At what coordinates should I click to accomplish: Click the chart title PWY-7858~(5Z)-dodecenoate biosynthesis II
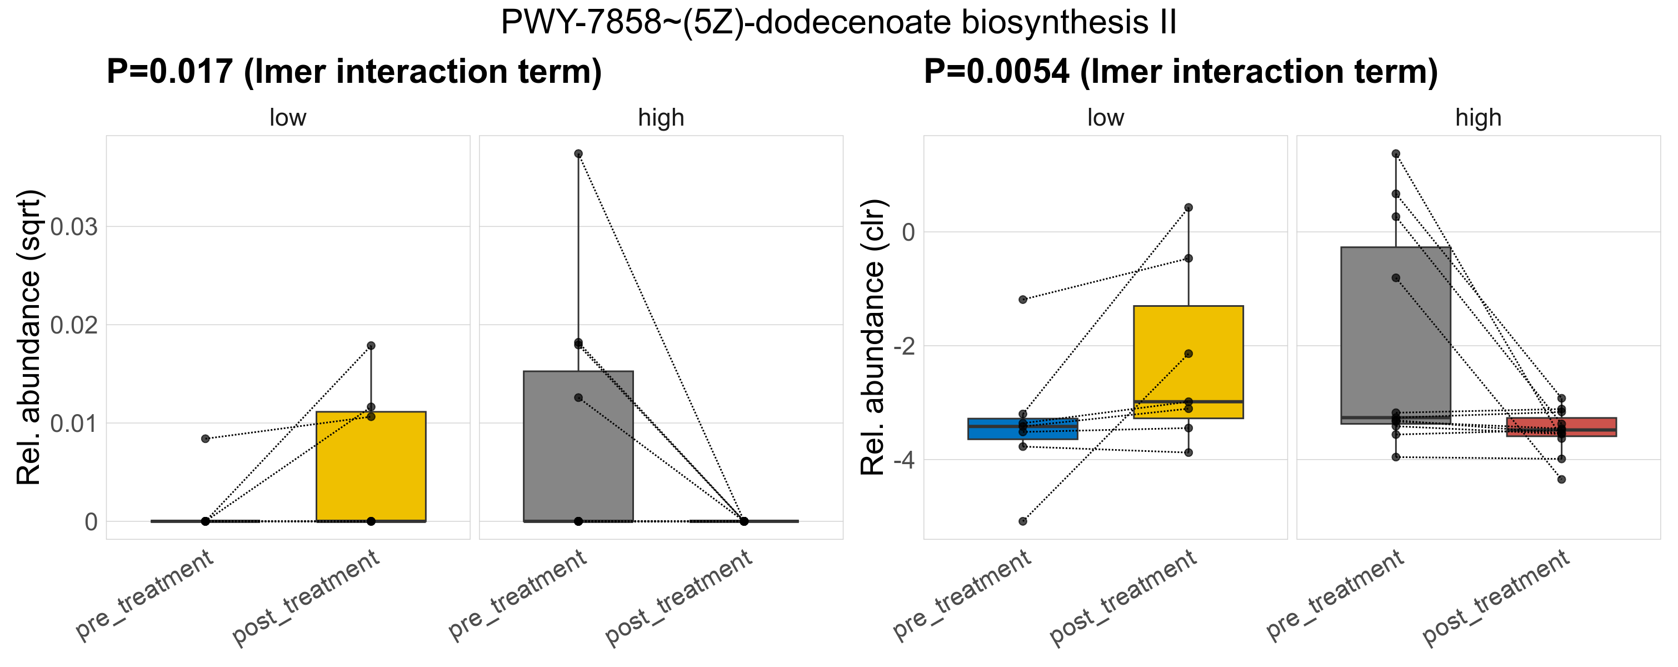point(838,23)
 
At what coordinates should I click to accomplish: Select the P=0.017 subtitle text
point(354,72)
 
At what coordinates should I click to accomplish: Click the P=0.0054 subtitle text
point(1180,72)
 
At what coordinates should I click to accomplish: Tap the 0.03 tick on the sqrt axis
point(73,227)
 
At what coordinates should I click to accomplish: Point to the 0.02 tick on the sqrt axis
point(73,325)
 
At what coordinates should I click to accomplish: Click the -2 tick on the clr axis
point(903,346)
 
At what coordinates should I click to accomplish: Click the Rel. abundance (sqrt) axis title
point(29,337)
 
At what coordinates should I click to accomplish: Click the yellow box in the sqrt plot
point(371,466)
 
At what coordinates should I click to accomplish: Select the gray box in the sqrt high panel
point(578,446)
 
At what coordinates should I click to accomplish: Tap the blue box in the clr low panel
point(1023,429)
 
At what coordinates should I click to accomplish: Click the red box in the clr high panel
point(1561,427)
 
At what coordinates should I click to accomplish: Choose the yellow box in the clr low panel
point(1188,361)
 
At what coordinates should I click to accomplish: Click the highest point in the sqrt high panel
point(578,154)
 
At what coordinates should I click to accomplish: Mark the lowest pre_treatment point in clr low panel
point(1023,521)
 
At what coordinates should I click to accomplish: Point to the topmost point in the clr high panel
point(1396,154)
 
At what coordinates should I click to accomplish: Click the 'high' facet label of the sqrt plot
point(661,118)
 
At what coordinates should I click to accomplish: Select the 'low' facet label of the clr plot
point(1105,118)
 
